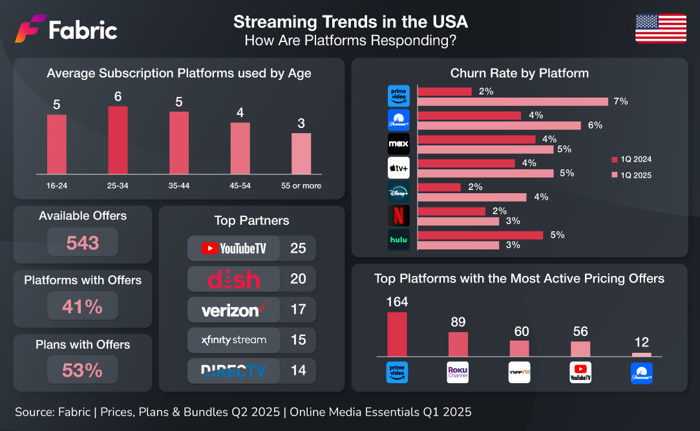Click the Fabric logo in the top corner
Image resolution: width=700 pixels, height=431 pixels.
[x=66, y=30]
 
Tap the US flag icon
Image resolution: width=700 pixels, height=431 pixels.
[x=661, y=29]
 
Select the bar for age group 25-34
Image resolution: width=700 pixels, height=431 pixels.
[x=118, y=140]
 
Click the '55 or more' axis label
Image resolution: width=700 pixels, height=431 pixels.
[x=301, y=186]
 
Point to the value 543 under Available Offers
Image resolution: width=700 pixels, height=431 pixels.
[x=83, y=243]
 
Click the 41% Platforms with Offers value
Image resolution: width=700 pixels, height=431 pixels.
[x=83, y=306]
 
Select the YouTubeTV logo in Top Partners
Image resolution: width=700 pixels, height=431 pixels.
[x=233, y=247]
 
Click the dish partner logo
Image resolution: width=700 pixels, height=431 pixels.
[x=233, y=279]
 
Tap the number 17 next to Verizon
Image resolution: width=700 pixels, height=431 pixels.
[x=298, y=310]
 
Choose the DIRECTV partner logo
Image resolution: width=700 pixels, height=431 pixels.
[x=233, y=371]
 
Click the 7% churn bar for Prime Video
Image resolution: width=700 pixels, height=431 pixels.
[x=513, y=101]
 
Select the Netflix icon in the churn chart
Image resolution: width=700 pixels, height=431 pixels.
[x=398, y=215]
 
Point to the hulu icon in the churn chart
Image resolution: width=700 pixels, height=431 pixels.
[x=398, y=239]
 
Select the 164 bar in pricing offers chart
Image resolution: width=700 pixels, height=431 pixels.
[x=397, y=334]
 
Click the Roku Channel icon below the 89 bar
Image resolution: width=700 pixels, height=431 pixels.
[x=458, y=373]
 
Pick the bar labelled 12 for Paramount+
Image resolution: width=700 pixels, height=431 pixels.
[x=641, y=355]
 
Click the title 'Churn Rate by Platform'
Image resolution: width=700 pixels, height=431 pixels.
[x=520, y=73]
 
